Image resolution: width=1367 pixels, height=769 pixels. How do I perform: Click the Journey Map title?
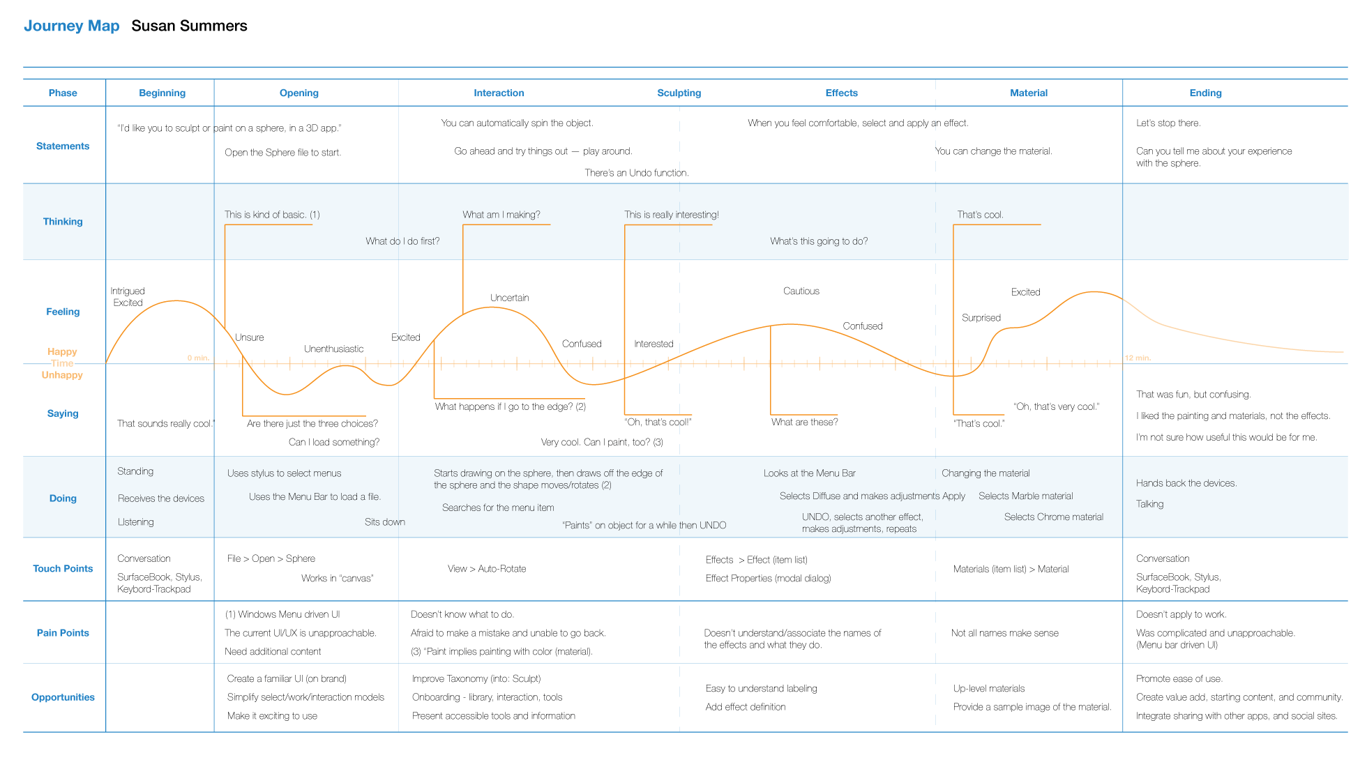71,26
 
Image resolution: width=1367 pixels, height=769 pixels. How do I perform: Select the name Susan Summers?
189,26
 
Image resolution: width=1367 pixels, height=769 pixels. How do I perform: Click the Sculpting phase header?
679,93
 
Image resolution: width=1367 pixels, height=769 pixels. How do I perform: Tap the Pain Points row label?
63,633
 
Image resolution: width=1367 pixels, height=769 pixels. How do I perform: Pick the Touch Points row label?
63,569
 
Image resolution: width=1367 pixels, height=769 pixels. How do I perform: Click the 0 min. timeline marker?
198,358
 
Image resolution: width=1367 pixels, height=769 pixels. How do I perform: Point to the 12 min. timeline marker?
1138,358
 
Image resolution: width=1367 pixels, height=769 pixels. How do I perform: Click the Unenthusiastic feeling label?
333,349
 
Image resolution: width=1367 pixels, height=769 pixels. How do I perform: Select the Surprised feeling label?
981,318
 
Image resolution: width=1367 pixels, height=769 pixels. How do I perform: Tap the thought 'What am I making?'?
501,215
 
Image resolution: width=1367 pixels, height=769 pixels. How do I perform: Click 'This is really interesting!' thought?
671,215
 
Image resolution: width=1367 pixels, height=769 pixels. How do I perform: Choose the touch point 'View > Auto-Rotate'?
487,569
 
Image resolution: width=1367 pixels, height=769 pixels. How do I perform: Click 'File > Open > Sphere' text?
271,558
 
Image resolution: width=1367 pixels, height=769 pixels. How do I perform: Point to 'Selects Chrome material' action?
1053,517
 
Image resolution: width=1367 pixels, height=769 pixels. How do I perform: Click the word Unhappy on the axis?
62,375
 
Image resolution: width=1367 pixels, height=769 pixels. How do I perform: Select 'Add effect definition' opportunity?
745,707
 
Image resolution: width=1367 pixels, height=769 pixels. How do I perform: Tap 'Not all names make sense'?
1004,633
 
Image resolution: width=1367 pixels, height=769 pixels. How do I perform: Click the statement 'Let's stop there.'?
1168,123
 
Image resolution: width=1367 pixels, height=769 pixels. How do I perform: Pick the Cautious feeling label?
801,291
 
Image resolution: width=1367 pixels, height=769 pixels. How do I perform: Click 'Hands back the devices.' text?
1186,483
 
